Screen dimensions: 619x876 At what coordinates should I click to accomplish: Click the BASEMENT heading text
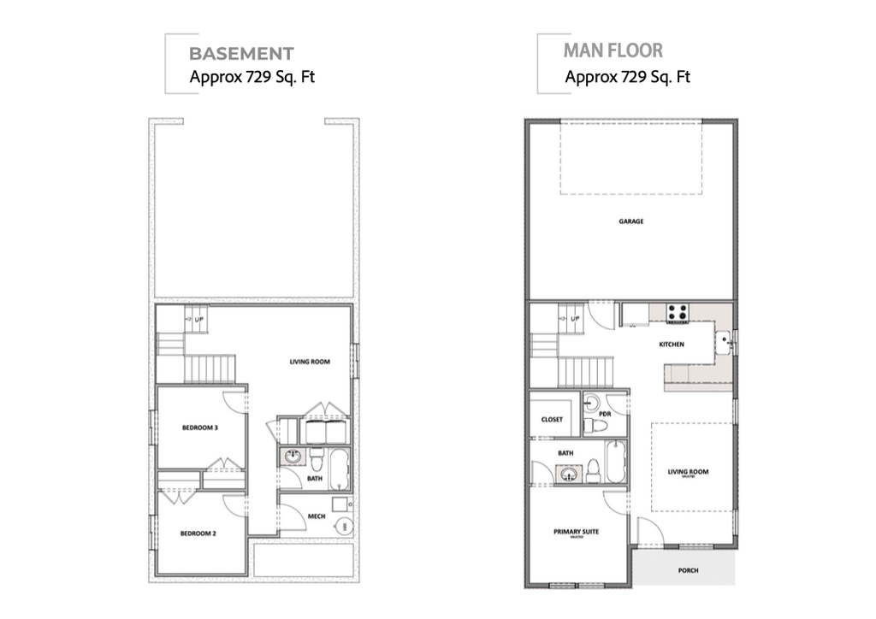(241, 53)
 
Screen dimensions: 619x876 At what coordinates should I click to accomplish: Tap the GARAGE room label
(631, 221)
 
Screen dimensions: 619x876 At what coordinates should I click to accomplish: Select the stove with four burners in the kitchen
(678, 313)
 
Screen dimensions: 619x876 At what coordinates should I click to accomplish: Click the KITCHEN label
(671, 345)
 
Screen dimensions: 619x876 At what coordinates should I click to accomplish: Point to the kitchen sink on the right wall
(724, 344)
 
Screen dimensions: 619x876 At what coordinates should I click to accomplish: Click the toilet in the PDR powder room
(599, 425)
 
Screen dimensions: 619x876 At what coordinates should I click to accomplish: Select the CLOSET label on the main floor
(553, 420)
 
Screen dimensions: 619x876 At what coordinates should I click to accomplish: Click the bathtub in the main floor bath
(615, 462)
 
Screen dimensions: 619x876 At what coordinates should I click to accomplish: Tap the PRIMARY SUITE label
(576, 532)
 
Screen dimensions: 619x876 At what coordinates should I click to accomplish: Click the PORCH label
(687, 571)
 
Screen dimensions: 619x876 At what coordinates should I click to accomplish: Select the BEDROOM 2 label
(198, 534)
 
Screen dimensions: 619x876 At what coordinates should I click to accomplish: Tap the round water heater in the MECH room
(344, 527)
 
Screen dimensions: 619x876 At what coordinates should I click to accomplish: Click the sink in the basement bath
(292, 457)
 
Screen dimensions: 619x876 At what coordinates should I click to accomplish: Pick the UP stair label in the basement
(199, 321)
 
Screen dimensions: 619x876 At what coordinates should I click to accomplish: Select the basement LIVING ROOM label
(309, 362)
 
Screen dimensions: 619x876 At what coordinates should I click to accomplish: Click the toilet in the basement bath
(316, 463)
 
